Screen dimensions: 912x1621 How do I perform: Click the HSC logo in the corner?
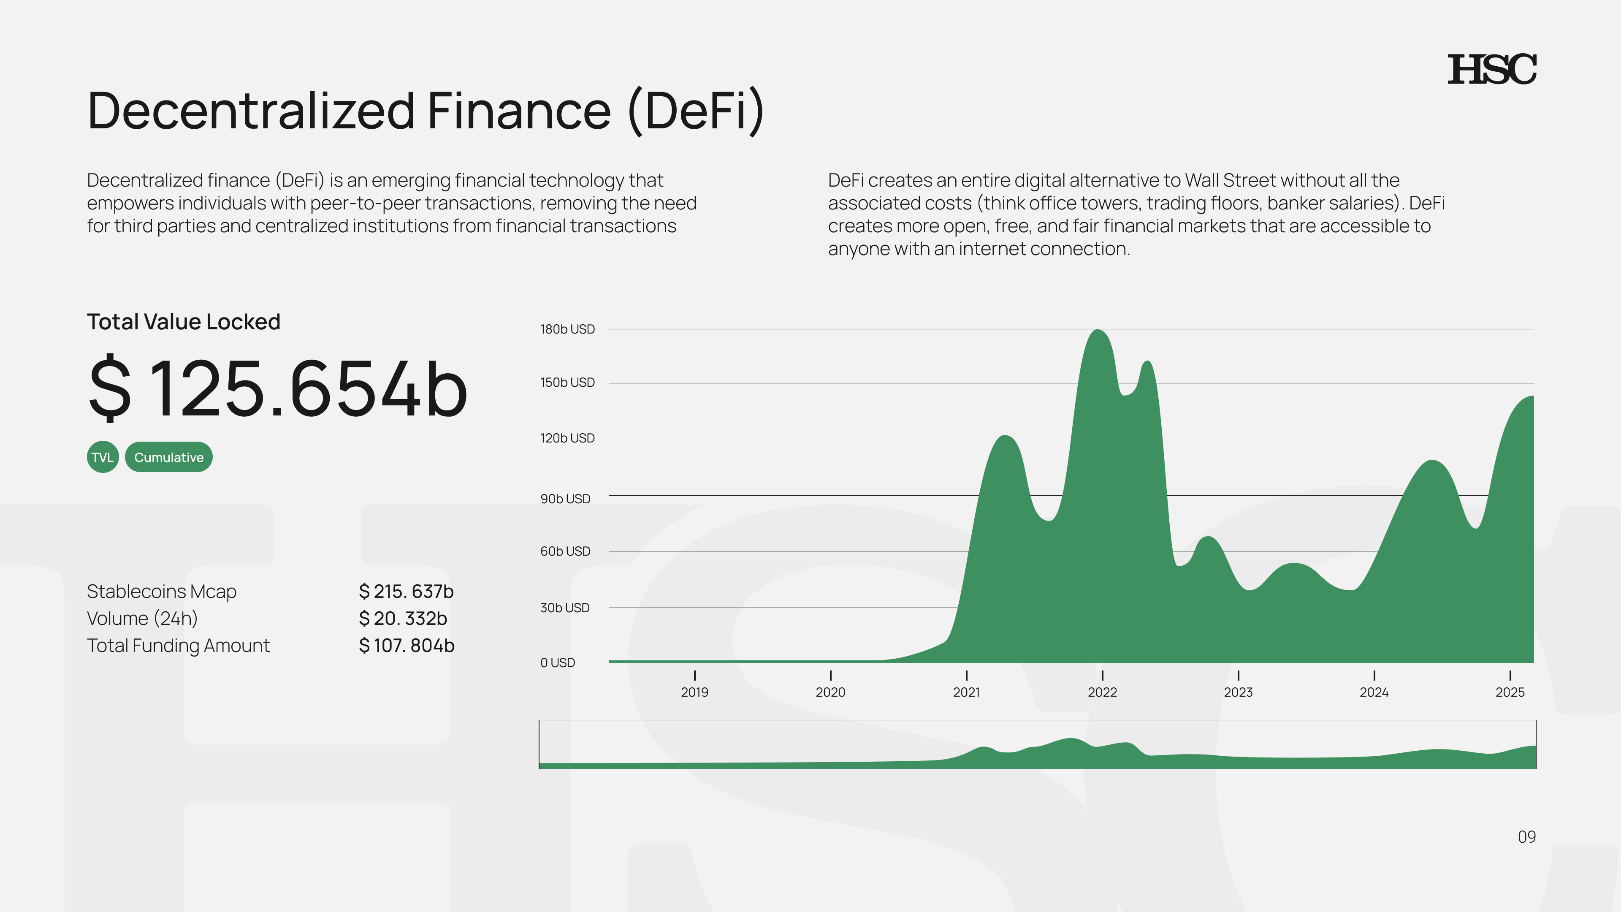[1491, 69]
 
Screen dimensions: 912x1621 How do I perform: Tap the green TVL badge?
[103, 457]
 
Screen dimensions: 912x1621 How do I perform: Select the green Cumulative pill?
[169, 457]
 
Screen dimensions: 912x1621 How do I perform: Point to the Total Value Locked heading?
[183, 322]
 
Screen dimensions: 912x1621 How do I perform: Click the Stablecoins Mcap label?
[161, 592]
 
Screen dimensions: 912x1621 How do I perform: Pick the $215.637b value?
[406, 592]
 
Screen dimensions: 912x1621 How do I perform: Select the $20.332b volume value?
[403, 619]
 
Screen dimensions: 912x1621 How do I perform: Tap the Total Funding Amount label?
[178, 646]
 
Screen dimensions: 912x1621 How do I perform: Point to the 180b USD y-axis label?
[567, 329]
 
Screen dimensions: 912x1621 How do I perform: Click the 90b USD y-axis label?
[565, 499]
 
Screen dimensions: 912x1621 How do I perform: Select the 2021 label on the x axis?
[966, 692]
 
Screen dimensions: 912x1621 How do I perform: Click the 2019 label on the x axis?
[694, 692]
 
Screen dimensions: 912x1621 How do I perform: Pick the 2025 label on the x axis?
[1510, 692]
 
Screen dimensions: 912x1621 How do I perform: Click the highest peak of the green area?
[1098, 332]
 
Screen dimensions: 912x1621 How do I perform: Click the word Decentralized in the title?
[251, 111]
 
